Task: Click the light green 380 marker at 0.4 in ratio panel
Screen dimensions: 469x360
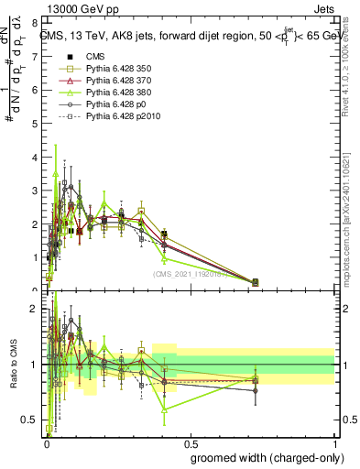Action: tap(164, 410)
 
